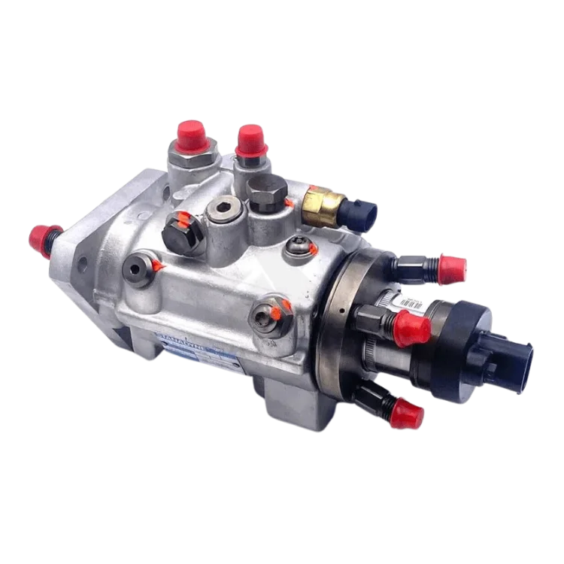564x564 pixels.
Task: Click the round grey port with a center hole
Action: pyautogui.click(x=140, y=266)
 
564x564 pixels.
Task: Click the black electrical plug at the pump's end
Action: pyautogui.click(x=511, y=362)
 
